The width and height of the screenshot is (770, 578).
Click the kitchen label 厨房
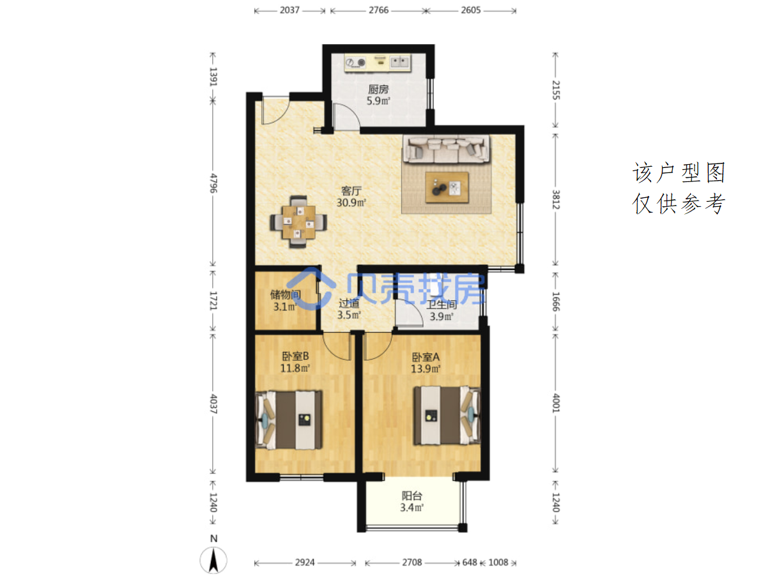tap(378, 89)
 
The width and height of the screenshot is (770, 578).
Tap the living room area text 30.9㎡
tap(351, 202)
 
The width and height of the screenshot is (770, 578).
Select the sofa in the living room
tap(447, 149)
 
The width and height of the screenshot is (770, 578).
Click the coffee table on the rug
tap(447, 187)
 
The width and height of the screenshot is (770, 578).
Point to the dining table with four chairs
tap(298, 222)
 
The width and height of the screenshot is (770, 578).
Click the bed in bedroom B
tap(289, 420)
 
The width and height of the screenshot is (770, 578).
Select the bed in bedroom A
tap(447, 415)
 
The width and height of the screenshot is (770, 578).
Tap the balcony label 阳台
tap(412, 496)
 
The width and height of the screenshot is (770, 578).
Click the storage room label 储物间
tap(285, 294)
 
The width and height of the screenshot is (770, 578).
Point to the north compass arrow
tap(213, 559)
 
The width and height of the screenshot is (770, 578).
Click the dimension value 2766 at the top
tap(378, 10)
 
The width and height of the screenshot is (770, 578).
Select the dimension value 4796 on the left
tap(213, 183)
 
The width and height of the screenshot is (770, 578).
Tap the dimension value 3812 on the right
tap(556, 199)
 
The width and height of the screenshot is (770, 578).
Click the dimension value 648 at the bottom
tap(470, 563)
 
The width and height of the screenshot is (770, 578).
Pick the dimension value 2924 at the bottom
tap(305, 563)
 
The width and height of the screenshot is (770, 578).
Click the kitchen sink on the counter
tap(400, 62)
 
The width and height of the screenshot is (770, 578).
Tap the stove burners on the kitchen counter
tap(356, 63)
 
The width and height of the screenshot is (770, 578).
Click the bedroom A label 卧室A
tap(425, 357)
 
